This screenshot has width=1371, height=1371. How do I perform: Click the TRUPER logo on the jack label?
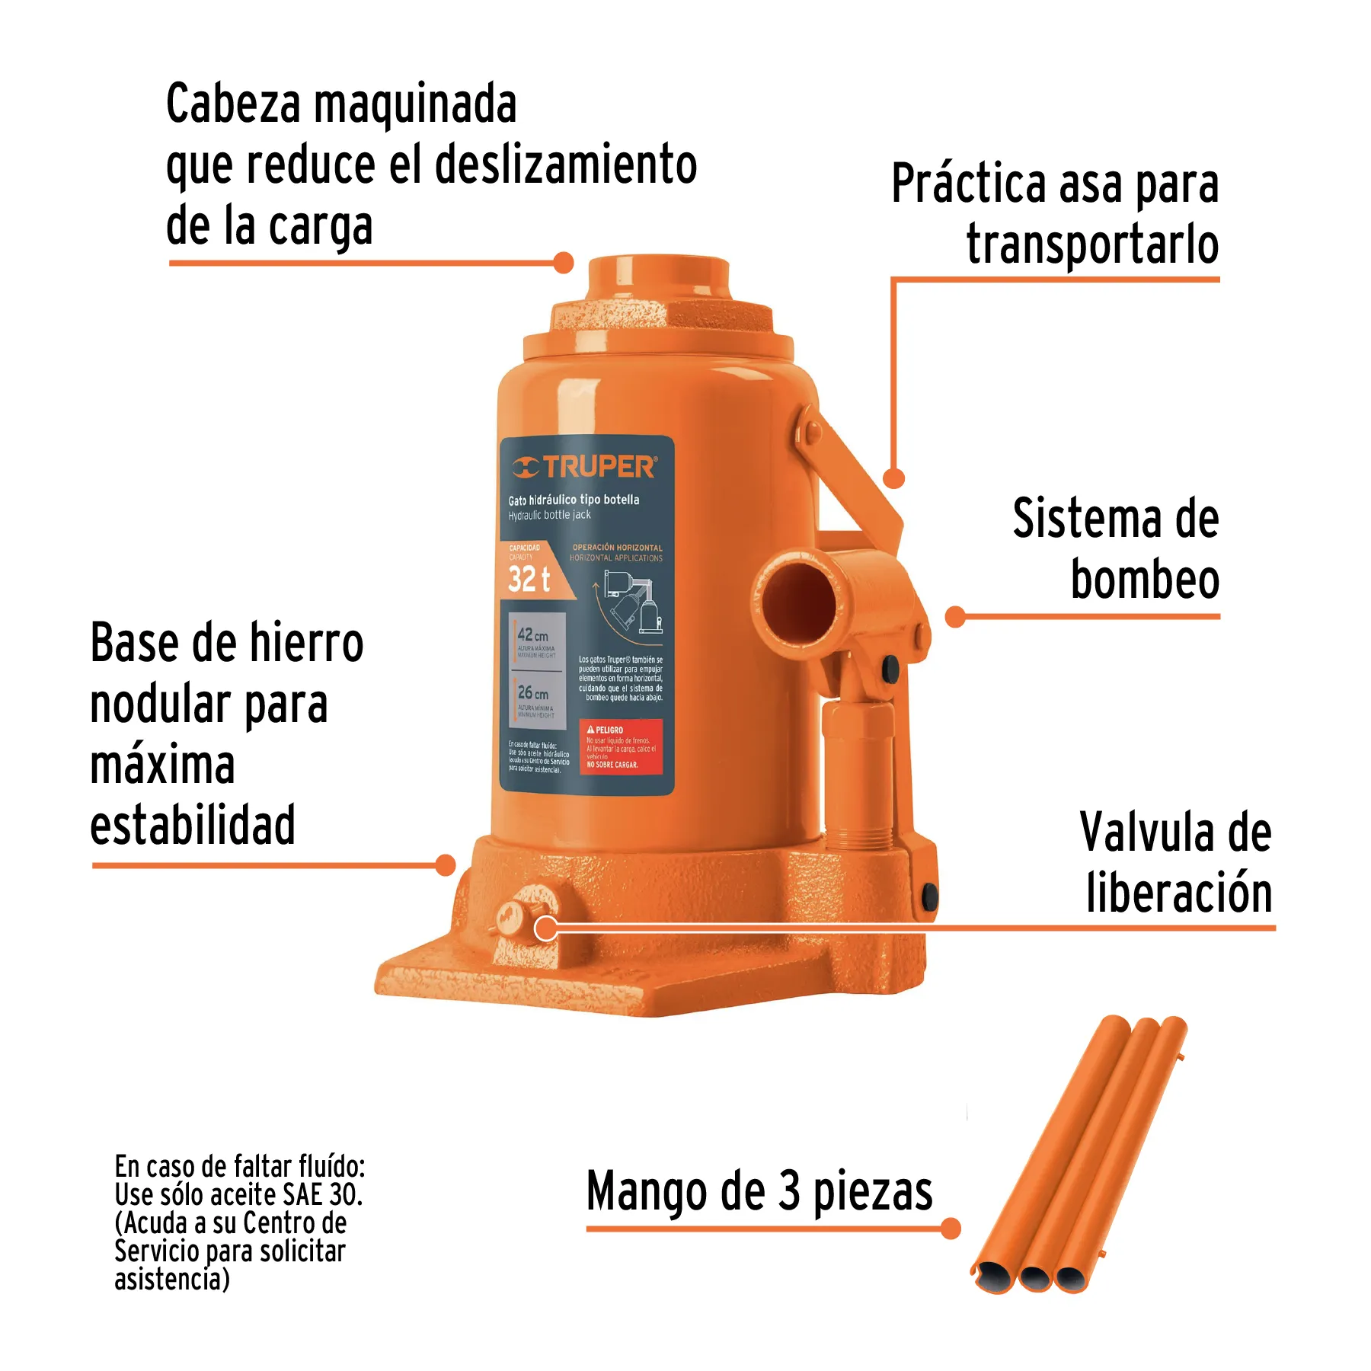tap(585, 466)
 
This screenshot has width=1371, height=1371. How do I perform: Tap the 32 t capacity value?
tap(529, 579)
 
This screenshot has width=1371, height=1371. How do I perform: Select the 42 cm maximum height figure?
tap(532, 634)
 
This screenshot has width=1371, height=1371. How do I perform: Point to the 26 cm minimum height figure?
tap(532, 692)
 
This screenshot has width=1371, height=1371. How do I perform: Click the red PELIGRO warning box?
tap(621, 746)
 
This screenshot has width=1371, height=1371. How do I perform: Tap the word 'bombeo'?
tap(1145, 580)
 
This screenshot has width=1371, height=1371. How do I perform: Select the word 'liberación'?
tap(1179, 893)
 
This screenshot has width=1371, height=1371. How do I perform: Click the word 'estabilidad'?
tap(193, 825)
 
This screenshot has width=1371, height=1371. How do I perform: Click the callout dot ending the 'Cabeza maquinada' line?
tap(563, 263)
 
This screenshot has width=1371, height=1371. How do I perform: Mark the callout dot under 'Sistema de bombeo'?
tap(955, 617)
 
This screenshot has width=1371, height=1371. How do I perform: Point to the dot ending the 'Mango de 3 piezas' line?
tap(951, 1229)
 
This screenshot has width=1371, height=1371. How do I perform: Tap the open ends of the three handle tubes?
tap(1034, 1277)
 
